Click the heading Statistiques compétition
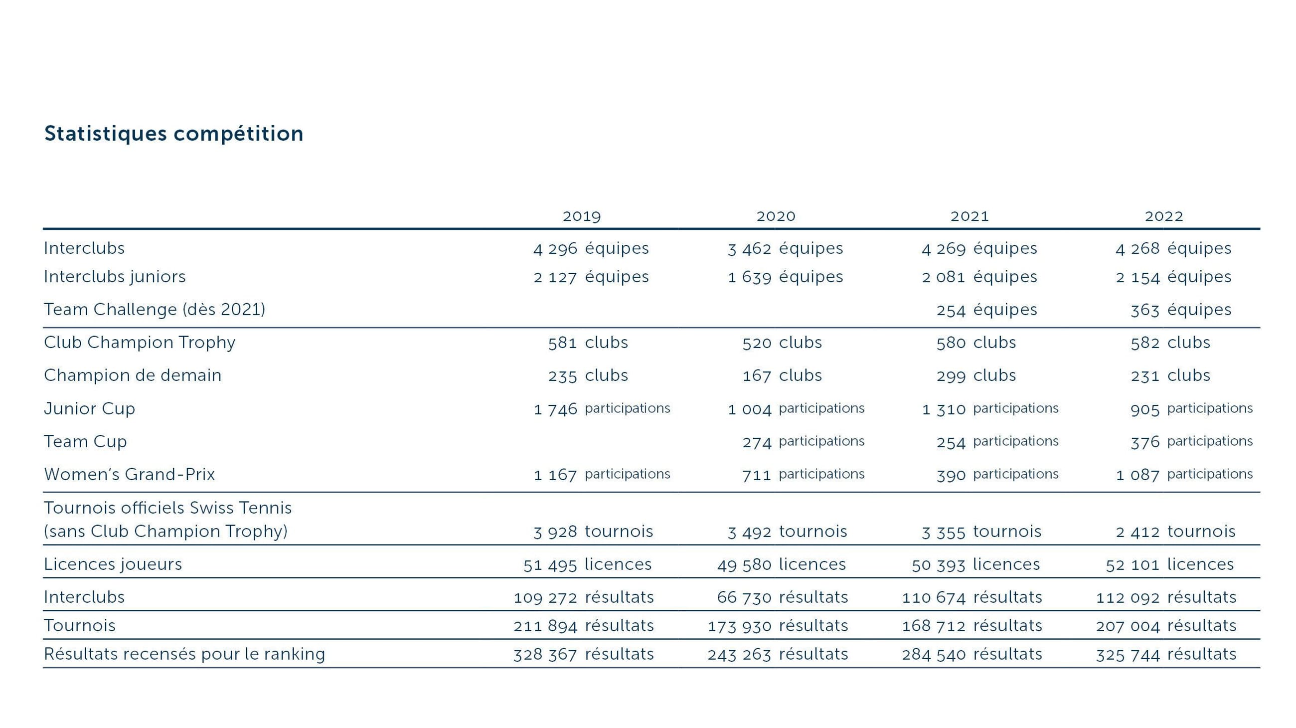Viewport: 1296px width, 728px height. pyautogui.click(x=173, y=134)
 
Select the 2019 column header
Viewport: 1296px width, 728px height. pyautogui.click(x=582, y=216)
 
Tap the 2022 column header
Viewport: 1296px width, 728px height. pyautogui.click(x=1164, y=216)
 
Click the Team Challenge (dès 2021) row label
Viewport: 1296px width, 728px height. pyautogui.click(x=155, y=310)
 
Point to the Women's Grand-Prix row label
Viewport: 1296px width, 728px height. pyautogui.click(x=129, y=474)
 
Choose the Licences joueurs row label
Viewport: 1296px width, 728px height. pyautogui.click(x=113, y=564)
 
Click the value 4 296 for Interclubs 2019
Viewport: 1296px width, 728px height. pyautogui.click(x=555, y=248)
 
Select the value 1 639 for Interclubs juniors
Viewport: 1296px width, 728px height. pyautogui.click(x=750, y=277)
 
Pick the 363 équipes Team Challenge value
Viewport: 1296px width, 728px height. pyautogui.click(x=1180, y=310)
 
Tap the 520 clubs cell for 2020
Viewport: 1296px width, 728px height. pyautogui.click(x=782, y=343)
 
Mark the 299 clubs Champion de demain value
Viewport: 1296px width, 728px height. pyautogui.click(x=976, y=376)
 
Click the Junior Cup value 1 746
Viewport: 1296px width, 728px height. pyautogui.click(x=555, y=409)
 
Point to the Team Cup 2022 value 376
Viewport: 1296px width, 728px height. pyautogui.click(x=1145, y=442)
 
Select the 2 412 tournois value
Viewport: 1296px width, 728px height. pyautogui.click(x=1175, y=532)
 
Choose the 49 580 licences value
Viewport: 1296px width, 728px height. pyautogui.click(x=781, y=564)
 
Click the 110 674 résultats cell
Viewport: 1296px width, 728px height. pyautogui.click(x=972, y=598)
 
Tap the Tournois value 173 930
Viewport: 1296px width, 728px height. pyautogui.click(x=740, y=626)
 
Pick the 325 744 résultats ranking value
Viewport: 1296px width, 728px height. pyautogui.click(x=1166, y=655)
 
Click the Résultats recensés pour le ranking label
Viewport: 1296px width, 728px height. pyautogui.click(x=184, y=654)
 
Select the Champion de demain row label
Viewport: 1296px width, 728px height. pyautogui.click(x=132, y=376)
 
